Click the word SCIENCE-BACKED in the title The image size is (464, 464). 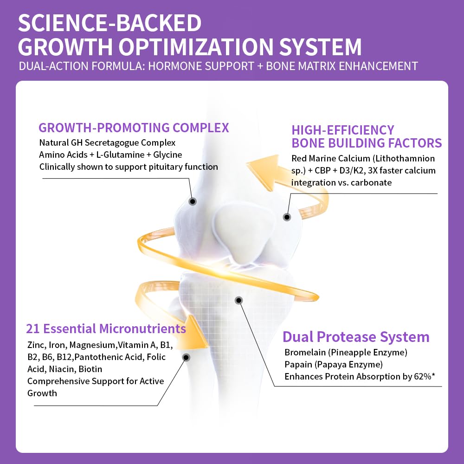(x=110, y=23)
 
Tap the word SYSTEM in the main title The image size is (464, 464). (x=321, y=47)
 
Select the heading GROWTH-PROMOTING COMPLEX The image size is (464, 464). (x=134, y=128)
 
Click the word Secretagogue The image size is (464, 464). (x=112, y=143)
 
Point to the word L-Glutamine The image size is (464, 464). (x=121, y=155)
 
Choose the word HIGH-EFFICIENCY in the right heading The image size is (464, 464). (x=343, y=130)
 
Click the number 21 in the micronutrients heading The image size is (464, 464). (x=32, y=329)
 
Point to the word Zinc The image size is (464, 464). (x=36, y=345)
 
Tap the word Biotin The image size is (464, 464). (x=90, y=369)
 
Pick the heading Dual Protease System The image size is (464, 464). (x=356, y=337)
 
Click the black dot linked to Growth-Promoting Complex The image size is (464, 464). (x=193, y=201)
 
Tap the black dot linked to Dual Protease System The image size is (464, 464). (x=239, y=301)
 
